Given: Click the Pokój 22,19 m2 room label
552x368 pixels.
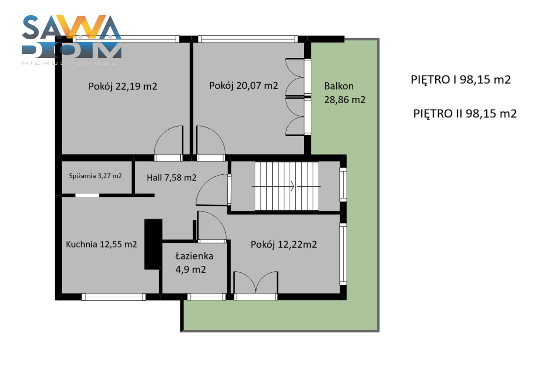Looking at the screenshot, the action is pos(123,86).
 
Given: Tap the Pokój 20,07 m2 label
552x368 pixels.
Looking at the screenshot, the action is pos(243,86).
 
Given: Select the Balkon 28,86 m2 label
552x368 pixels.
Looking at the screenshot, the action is pos(345,93).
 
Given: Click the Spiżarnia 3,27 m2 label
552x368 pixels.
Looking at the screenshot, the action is pos(95,176).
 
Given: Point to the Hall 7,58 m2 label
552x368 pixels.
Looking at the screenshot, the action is pos(172,178).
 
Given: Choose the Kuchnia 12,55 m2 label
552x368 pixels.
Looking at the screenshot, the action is pos(101,244).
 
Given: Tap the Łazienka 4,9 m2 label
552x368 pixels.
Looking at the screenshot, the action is pos(194,263).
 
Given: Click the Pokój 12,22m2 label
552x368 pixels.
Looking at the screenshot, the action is pos(284,245).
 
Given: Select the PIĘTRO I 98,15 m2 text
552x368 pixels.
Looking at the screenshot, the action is pos(460,80).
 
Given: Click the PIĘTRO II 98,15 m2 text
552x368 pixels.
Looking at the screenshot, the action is pos(465,114).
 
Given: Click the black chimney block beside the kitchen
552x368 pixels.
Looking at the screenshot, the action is pos(153,244).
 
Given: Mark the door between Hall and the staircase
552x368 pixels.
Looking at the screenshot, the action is pos(213,190).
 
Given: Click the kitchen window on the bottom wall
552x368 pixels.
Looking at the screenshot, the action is pos(114,297).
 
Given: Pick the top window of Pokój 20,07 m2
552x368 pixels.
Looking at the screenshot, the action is pos(248,39).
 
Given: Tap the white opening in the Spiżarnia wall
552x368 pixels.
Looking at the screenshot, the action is pos(87,195).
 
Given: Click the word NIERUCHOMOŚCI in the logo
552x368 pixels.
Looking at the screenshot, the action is pos(72,63).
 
